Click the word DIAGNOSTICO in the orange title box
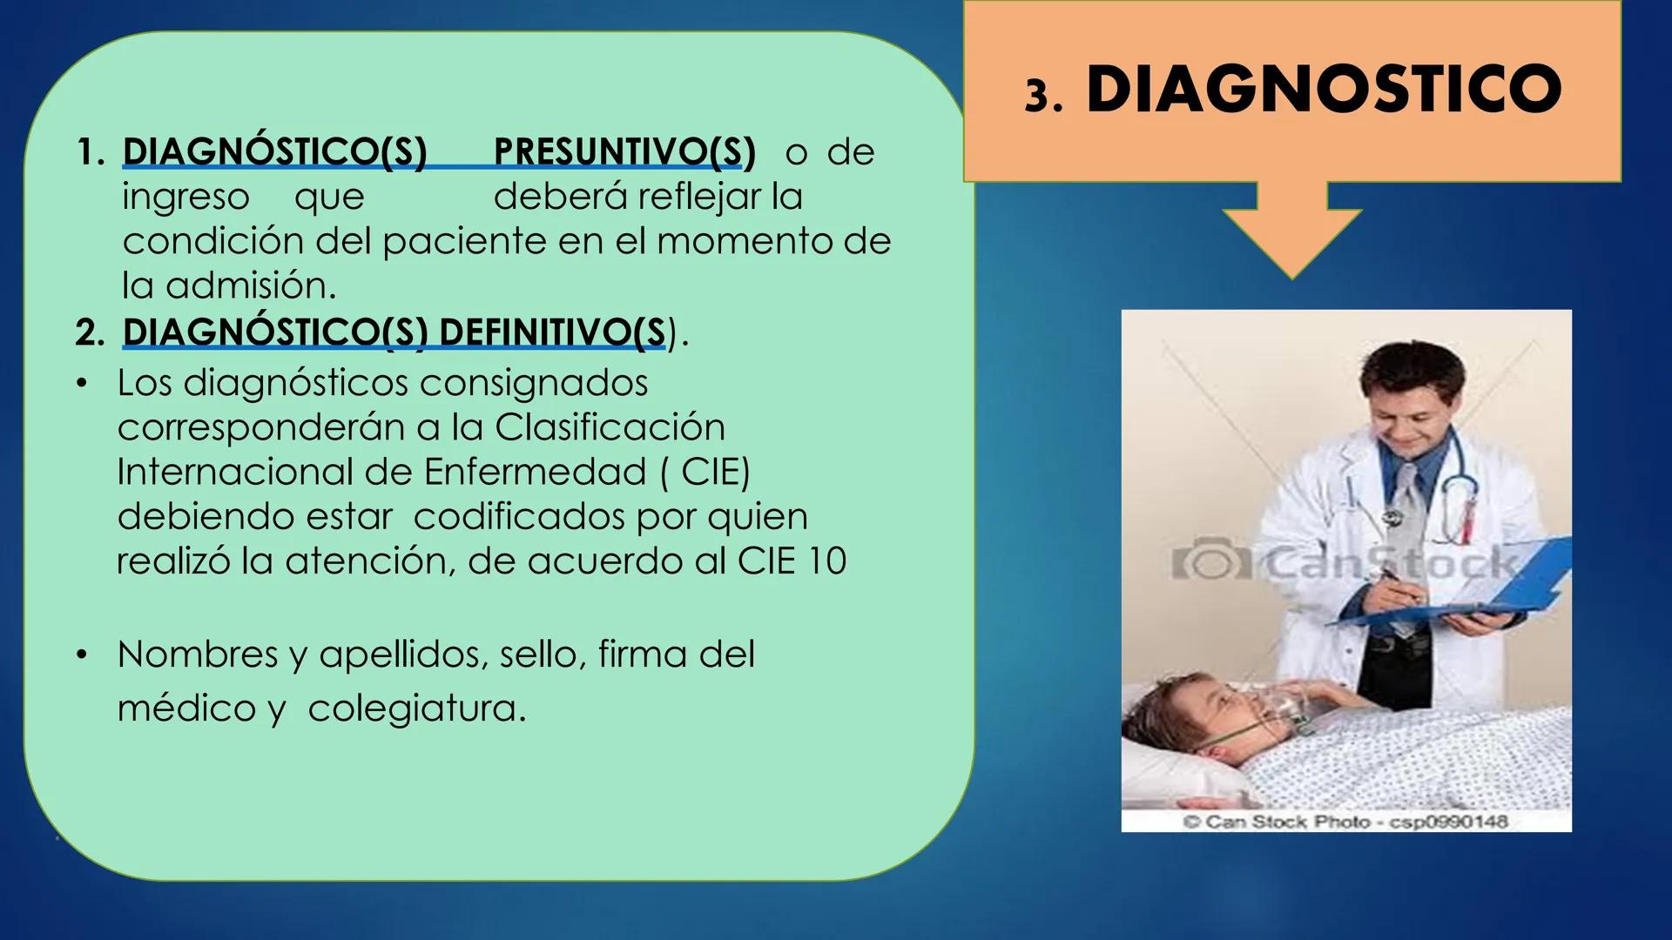1323,90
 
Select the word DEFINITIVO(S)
554,332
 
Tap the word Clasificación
610,427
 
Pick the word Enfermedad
535,472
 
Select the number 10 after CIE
826,561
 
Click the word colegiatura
417,708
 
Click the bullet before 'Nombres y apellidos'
82,655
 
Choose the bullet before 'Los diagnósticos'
82,384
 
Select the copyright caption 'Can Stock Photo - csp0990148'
1345,822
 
